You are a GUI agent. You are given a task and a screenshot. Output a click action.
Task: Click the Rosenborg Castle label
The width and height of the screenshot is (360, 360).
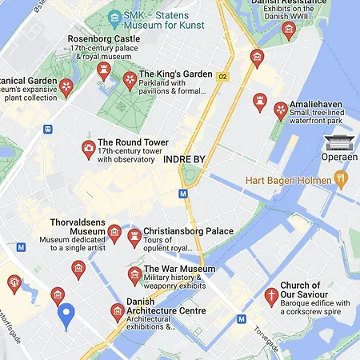click(104, 38)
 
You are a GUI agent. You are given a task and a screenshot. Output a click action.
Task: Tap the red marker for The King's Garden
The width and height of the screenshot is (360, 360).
click(130, 79)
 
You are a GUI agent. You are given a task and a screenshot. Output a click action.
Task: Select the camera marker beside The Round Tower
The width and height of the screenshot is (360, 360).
click(88, 149)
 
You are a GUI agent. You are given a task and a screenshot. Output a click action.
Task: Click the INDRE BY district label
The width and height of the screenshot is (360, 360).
click(184, 159)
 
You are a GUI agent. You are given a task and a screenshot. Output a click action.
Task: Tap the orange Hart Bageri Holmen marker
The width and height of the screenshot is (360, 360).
click(341, 178)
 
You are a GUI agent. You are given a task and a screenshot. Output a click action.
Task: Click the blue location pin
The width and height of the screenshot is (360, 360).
click(67, 315)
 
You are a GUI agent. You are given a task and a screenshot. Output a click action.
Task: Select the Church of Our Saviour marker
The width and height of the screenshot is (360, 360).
click(271, 297)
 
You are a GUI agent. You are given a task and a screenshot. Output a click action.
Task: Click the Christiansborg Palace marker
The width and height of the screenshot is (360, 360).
click(134, 236)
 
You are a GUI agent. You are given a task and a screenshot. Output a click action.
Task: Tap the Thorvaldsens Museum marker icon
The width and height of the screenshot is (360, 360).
click(114, 232)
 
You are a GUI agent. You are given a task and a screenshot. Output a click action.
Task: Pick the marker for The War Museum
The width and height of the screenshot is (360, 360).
click(134, 274)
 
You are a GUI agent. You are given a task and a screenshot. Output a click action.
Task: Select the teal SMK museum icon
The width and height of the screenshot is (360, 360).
click(116, 16)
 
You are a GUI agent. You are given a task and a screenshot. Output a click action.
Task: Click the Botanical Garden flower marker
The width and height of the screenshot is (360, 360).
click(67, 86)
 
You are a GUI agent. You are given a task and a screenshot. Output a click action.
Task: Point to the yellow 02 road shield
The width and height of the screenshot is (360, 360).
click(223, 77)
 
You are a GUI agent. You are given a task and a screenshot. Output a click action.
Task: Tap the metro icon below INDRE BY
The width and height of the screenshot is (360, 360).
click(183, 193)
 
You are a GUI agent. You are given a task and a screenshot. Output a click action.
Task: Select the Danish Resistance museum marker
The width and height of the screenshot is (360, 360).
click(289, 30)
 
